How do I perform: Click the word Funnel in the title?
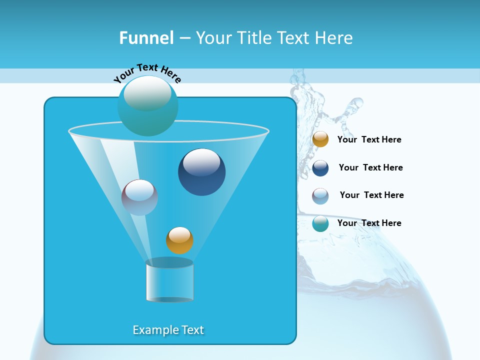pos(146,38)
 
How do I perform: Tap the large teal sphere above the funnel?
pos(147,106)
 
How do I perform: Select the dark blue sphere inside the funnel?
pos(201,172)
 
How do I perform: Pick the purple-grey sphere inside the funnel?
pos(139,197)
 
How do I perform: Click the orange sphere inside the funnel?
pos(179,240)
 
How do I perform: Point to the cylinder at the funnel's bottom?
pos(169,281)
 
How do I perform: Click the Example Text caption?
pos(168,330)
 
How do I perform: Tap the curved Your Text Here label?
pos(147,73)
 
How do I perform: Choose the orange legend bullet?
pos(320,139)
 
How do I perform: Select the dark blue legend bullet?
pos(320,168)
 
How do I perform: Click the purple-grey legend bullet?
pos(320,196)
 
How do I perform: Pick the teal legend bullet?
pos(320,224)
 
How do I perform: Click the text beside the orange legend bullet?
pos(369,140)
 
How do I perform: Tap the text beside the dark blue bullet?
pos(370,168)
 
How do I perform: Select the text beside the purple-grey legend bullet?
pos(371,195)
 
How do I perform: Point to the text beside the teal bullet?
pos(369,223)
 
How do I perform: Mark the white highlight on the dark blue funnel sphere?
pos(201,162)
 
